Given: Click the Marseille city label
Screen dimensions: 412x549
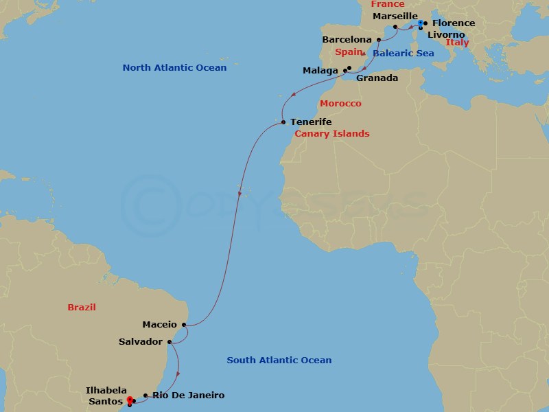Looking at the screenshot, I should tap(395, 16).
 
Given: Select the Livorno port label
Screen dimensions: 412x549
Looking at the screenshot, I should tap(446, 34).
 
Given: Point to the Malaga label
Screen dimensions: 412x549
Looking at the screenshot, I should tap(320, 71).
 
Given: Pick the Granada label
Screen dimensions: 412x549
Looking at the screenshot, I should tap(377, 78).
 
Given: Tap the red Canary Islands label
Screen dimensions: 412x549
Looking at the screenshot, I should tap(331, 134).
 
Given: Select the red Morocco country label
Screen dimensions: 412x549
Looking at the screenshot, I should tap(340, 104).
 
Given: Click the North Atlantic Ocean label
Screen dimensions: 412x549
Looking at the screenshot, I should tap(174, 68).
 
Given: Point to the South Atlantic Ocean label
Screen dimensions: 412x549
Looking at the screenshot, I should tap(279, 360).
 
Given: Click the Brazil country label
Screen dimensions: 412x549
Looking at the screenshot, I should tap(82, 308).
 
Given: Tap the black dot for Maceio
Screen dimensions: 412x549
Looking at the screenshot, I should tap(184, 325).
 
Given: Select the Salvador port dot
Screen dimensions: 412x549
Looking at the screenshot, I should tap(169, 341).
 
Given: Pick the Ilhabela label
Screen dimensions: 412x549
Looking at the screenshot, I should tap(106, 390).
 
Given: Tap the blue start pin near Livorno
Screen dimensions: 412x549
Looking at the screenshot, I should tap(420, 24).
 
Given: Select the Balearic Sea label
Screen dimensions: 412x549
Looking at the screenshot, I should tap(404, 53).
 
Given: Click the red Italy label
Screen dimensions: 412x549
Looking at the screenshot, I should tap(458, 43).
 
